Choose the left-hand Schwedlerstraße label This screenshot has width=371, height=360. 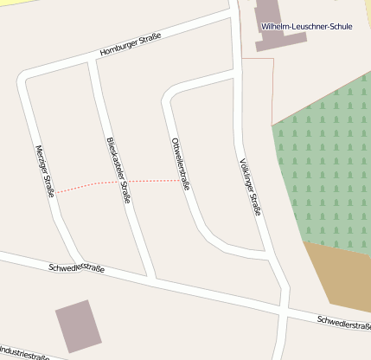77,268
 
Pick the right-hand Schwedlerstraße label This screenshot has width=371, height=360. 344,323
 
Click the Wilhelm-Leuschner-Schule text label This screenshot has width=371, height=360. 306,27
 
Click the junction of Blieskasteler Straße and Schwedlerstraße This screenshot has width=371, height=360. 152,279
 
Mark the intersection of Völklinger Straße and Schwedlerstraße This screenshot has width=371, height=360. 285,310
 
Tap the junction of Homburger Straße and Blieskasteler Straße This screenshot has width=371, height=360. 91,62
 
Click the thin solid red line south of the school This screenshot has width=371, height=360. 272,91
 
